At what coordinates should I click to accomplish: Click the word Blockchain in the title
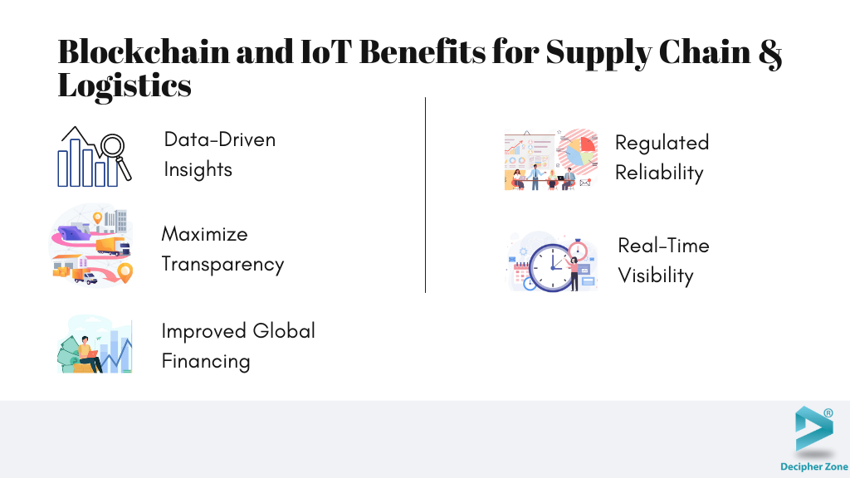(x=144, y=51)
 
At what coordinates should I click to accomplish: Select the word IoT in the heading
(x=325, y=52)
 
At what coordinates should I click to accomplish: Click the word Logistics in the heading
(x=125, y=85)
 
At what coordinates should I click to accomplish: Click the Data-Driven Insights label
(x=219, y=154)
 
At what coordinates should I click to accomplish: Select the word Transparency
(x=222, y=265)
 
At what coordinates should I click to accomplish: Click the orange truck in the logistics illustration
(x=113, y=246)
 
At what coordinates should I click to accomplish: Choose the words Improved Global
(x=238, y=331)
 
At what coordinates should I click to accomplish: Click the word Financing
(x=206, y=362)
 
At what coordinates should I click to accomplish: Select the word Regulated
(x=662, y=143)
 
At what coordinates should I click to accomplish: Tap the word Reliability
(x=659, y=173)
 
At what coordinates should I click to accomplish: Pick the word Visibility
(x=656, y=276)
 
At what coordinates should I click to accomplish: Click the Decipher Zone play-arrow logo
(x=813, y=430)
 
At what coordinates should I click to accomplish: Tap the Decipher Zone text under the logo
(x=814, y=466)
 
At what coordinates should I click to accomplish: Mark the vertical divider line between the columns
(x=426, y=195)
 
